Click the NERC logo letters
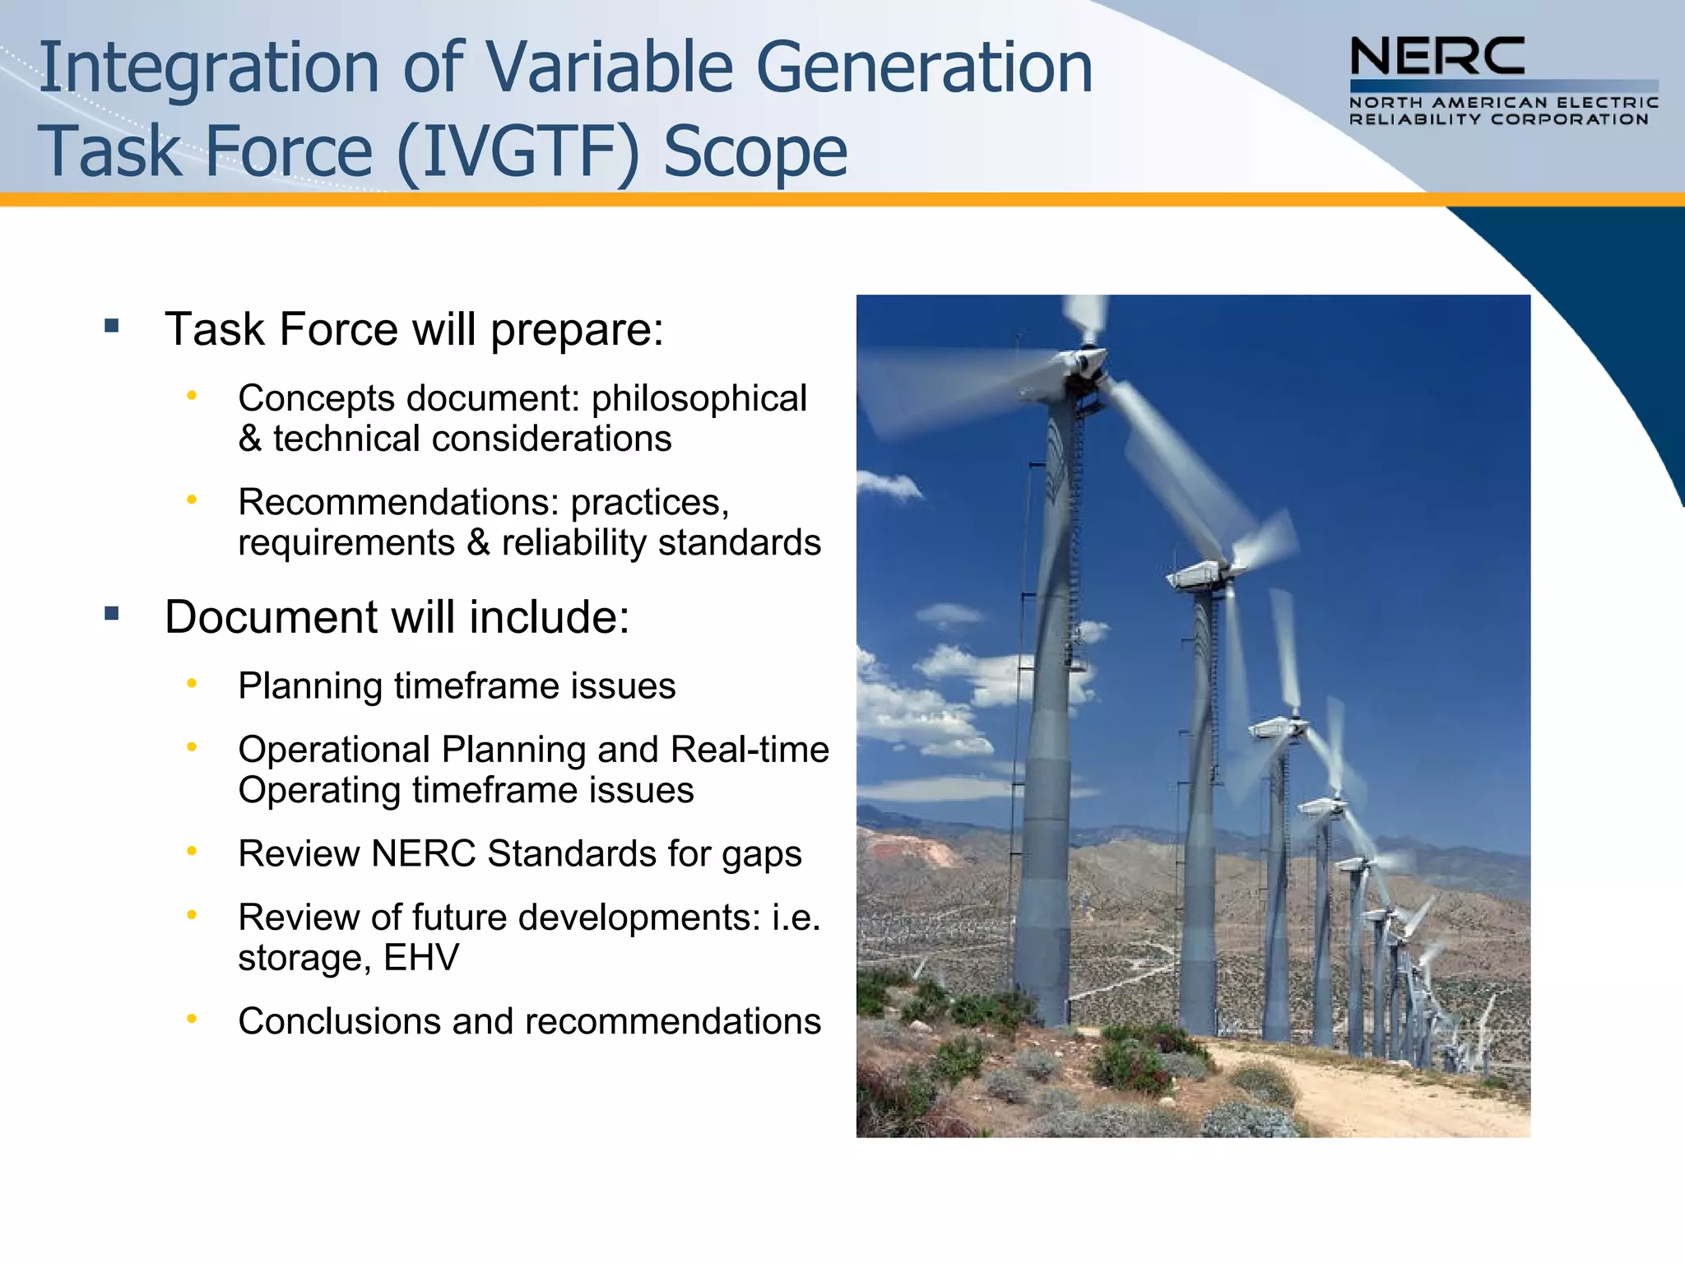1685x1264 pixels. (x=1437, y=57)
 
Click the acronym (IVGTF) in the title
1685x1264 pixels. (x=518, y=151)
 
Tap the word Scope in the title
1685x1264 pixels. (x=754, y=151)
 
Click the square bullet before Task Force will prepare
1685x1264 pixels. (x=112, y=327)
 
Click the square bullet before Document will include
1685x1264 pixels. (x=112, y=614)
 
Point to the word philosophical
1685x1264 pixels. (x=699, y=398)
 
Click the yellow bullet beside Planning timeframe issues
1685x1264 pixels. (x=192, y=683)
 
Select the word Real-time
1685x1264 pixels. (x=750, y=750)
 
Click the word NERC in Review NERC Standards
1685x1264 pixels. (x=423, y=853)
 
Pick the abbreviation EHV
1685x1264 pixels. (x=421, y=957)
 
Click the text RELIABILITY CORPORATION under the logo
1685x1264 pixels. (x=1498, y=120)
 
